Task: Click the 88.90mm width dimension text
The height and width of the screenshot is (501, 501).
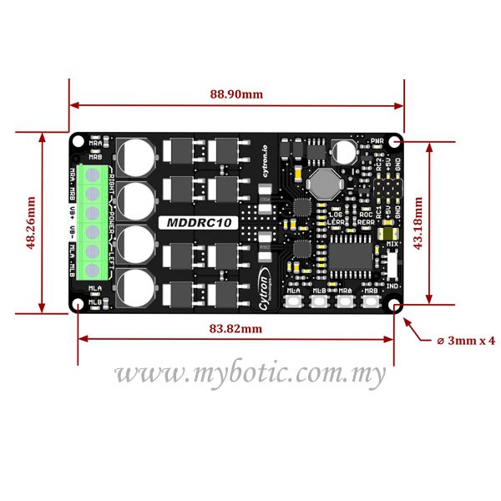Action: pos(235,94)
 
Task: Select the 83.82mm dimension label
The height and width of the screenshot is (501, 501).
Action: pos(235,329)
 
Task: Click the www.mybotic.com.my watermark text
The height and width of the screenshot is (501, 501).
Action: pos(250,375)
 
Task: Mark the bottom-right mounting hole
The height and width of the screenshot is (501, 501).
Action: pos(394,306)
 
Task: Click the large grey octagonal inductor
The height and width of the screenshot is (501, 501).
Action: pos(323,180)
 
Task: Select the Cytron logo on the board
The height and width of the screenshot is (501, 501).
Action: pos(266,288)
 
